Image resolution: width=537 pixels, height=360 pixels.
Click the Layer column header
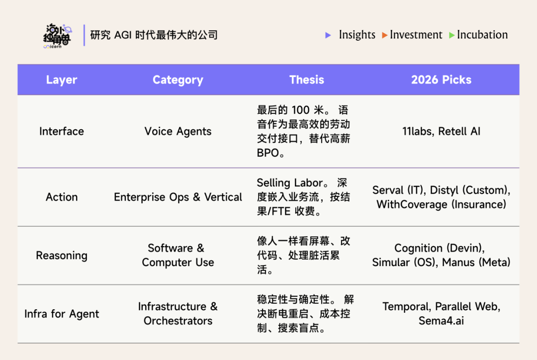[62, 80]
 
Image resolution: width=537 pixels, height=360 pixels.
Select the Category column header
[178, 80]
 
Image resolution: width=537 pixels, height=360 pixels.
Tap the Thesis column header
[306, 80]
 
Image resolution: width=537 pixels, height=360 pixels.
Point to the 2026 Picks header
[441, 80]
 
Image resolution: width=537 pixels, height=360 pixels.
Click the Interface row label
[62, 131]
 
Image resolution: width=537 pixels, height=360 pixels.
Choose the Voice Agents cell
[178, 131]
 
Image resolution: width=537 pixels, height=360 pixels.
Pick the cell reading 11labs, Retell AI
[441, 131]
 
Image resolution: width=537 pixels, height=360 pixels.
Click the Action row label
[62, 197]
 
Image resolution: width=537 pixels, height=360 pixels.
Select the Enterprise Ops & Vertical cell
[178, 197]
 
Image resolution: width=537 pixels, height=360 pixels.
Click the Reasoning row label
[62, 256]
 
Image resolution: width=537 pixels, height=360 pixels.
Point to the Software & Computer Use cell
[178, 255]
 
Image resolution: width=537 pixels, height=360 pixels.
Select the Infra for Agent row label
[62, 314]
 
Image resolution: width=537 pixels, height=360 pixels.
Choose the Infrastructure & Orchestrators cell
[178, 314]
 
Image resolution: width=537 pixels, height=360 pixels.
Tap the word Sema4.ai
[441, 321]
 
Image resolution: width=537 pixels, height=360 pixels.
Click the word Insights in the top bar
[357, 35]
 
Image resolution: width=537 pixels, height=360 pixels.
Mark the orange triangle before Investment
[385, 35]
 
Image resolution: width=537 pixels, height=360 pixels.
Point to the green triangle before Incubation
[451, 35]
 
